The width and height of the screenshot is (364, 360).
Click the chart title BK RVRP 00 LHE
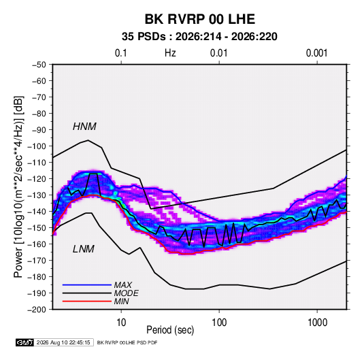coord(200,19)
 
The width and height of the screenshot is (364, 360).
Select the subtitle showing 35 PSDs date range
coord(199,37)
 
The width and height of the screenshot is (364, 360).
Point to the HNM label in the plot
coord(84,127)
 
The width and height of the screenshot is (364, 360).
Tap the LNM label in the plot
coord(84,249)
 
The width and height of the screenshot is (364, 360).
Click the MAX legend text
coord(122,285)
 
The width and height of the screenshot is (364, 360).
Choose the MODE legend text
coord(127,293)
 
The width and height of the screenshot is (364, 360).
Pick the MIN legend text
coord(121,301)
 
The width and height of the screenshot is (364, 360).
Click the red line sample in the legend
coord(87,301)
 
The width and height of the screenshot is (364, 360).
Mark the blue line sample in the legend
coord(87,285)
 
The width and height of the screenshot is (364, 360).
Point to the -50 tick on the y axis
coord(39,65)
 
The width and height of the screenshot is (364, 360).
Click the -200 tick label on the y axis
coord(37,310)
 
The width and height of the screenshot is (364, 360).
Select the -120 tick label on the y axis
coord(37,179)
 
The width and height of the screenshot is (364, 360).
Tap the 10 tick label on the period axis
coord(121,323)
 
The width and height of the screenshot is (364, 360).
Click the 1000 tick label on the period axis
coord(317,323)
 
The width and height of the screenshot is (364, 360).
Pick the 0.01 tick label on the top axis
coord(218,53)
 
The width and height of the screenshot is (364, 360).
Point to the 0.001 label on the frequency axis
coord(316,53)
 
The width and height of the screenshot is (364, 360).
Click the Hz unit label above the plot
coord(170,53)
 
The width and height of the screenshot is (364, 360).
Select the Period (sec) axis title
coord(170,330)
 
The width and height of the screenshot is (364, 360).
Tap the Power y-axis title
coord(18,187)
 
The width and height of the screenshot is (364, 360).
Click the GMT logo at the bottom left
coord(25,342)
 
